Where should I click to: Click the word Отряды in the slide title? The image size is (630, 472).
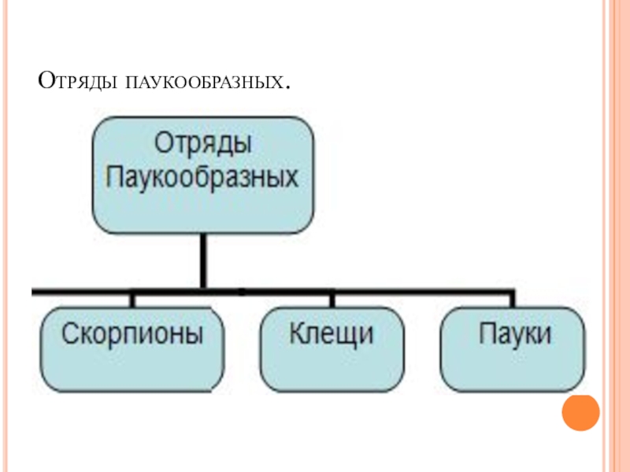pyautogui.click(x=78, y=80)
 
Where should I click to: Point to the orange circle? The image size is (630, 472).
pyautogui.click(x=581, y=411)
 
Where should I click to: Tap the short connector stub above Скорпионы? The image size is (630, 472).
pyautogui.click(x=132, y=299)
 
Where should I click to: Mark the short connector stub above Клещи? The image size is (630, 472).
pyautogui.click(x=332, y=299)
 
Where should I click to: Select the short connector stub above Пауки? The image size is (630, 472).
pyautogui.click(x=513, y=299)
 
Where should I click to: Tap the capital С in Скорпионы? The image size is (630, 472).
pyautogui.click(x=69, y=334)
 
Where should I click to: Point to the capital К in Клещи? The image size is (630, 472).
pyautogui.click(x=297, y=334)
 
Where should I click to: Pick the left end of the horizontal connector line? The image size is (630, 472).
pyautogui.click(x=34, y=292)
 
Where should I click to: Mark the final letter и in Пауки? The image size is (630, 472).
pyautogui.click(x=544, y=336)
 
